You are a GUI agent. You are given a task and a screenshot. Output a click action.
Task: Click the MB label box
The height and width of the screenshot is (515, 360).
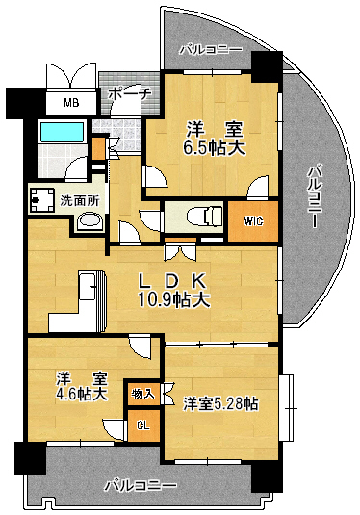[x=71, y=103]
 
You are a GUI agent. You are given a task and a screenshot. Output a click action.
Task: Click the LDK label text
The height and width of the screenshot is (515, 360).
[x=175, y=281]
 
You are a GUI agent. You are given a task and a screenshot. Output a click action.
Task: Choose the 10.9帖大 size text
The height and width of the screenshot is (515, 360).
[x=175, y=299]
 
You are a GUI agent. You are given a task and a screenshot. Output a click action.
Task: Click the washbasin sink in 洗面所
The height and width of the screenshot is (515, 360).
[x=90, y=222]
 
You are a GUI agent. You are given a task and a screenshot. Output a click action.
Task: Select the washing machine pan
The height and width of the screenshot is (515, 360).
[x=43, y=200]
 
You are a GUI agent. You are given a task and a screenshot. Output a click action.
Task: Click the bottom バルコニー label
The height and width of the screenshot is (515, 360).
[x=141, y=484]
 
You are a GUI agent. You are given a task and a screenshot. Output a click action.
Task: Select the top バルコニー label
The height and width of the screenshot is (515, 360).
[x=210, y=48]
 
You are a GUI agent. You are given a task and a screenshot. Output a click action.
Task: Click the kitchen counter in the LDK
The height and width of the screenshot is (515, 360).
[x=93, y=298]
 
